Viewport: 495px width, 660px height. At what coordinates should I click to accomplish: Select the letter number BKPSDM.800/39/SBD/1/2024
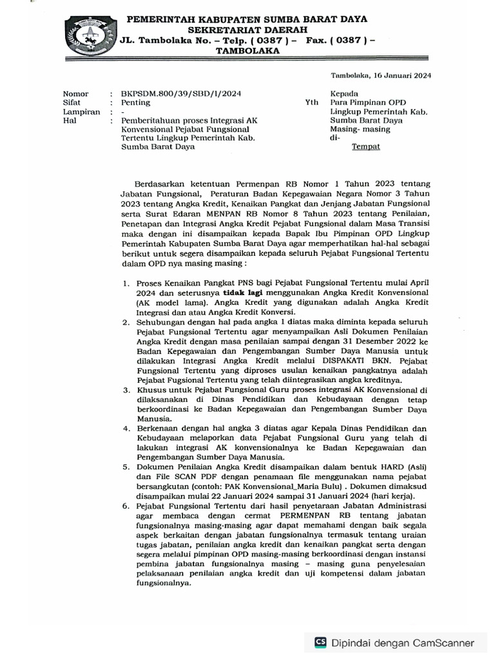177,93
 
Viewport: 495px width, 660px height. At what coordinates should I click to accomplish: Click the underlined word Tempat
365,146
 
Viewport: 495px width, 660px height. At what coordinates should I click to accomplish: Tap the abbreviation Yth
311,102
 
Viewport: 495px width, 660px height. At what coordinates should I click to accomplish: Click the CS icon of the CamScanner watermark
320,642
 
